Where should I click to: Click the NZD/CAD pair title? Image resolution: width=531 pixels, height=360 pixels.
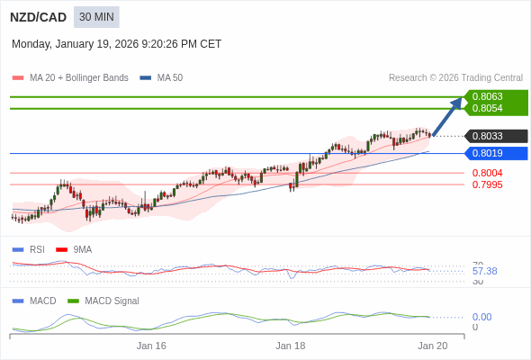point(38,17)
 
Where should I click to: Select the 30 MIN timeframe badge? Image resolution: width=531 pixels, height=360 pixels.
point(96,17)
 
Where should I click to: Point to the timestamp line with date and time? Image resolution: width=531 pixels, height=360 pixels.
point(116,44)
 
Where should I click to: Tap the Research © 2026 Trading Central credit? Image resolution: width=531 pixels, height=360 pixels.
point(455,78)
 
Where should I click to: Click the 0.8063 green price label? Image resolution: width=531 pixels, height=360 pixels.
point(487,96)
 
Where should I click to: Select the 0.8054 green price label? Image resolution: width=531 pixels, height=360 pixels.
point(487,108)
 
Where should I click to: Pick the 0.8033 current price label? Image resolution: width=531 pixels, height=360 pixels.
point(487,136)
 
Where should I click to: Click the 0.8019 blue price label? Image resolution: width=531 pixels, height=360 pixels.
point(487,153)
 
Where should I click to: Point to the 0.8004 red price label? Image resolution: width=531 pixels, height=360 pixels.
point(487,173)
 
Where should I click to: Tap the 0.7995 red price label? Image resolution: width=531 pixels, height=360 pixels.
point(487,184)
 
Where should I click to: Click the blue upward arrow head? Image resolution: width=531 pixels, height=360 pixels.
point(457,102)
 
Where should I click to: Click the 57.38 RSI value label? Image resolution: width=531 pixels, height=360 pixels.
point(484,271)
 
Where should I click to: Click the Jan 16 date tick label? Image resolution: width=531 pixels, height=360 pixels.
point(151,346)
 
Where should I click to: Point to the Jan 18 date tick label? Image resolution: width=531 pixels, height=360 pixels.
point(291,346)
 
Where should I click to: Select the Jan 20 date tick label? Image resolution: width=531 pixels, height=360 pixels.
point(433,346)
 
